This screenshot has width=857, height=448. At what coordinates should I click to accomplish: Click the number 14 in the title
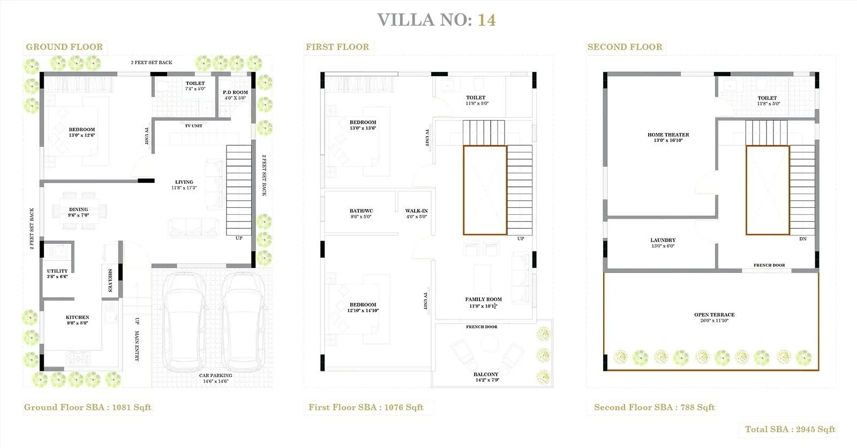(486, 20)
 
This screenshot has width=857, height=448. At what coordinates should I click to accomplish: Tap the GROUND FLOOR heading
(64, 47)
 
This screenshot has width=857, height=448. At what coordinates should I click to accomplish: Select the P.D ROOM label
(235, 93)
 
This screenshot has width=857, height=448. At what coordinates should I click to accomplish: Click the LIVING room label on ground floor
(184, 182)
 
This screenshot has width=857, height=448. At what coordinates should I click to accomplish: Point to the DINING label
(78, 210)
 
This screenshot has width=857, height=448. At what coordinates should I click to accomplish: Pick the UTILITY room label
(57, 271)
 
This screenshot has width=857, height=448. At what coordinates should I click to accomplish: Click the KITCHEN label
(77, 317)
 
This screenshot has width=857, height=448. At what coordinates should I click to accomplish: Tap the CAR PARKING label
(215, 376)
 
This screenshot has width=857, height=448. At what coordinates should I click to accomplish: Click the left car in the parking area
(184, 322)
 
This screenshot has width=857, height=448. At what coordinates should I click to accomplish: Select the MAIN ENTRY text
(137, 346)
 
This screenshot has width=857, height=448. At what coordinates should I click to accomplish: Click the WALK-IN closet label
(416, 211)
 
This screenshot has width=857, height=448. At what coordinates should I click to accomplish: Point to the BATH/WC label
(361, 211)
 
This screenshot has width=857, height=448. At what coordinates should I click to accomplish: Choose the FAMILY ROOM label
(483, 300)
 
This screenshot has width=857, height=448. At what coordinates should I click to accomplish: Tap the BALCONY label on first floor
(486, 375)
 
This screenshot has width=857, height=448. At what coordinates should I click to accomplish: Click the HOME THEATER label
(668, 135)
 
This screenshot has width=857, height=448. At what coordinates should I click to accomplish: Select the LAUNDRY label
(663, 240)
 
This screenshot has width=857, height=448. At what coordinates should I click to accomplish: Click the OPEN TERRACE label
(714, 315)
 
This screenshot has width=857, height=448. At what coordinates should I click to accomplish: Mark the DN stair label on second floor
(802, 239)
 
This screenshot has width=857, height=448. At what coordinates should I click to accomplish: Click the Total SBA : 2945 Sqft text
(790, 429)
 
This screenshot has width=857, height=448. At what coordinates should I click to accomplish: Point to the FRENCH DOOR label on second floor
(769, 265)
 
